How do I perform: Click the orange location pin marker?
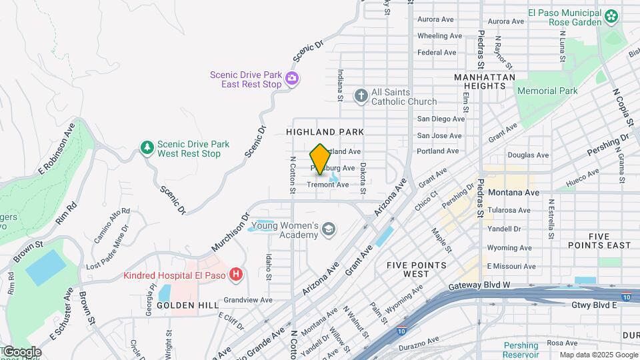tap(320, 159)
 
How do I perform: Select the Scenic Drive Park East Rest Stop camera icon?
tap(291, 80)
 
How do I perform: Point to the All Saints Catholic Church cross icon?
tap(361, 96)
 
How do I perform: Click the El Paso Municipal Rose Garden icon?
tap(611, 16)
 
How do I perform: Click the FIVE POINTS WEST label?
tap(417, 269)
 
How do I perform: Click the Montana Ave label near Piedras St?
tap(513, 192)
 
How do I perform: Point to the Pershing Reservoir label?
tap(521, 350)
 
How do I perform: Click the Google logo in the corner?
tap(21, 352)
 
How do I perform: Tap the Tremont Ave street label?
tap(328, 185)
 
